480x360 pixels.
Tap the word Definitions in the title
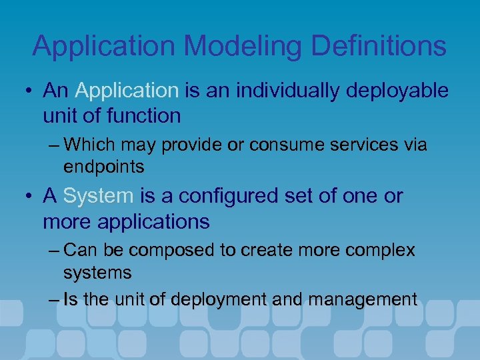tap(389, 46)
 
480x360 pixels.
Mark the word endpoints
tap(103, 165)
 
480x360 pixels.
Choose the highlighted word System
tap(98, 196)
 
